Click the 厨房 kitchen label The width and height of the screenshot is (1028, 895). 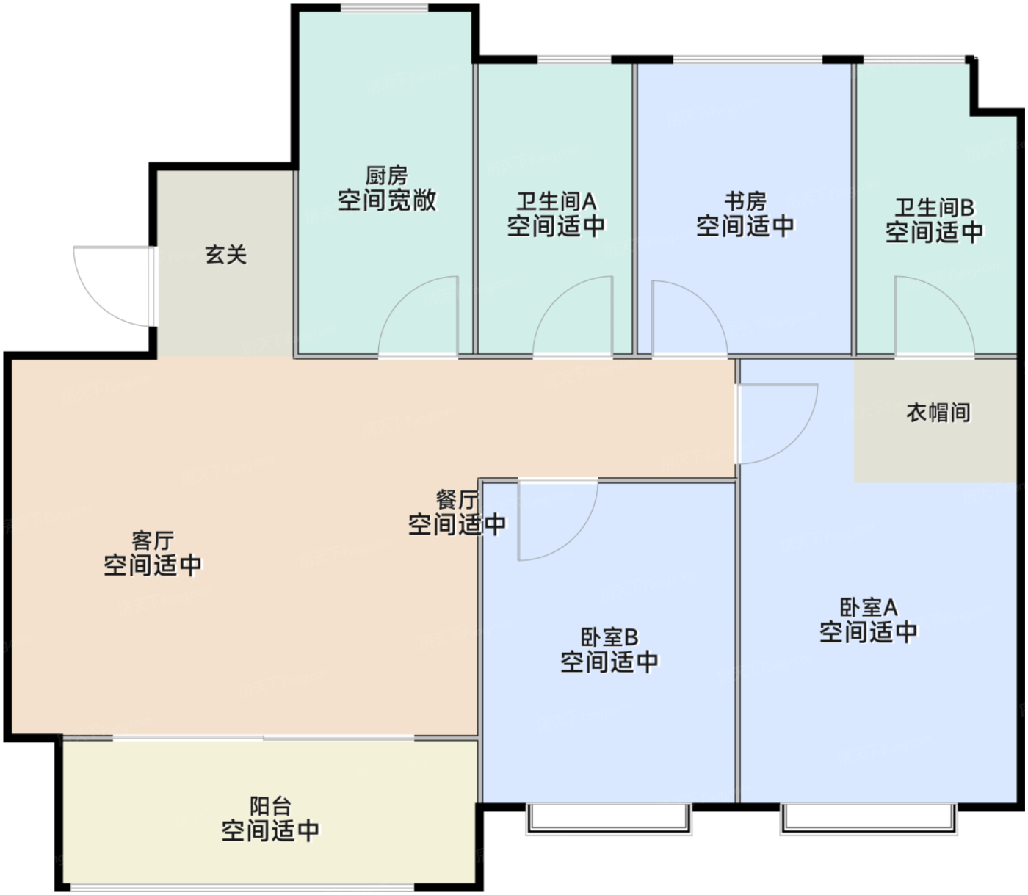click(386, 175)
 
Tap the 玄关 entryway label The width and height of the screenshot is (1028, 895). click(226, 255)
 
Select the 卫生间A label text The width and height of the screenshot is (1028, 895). click(556, 201)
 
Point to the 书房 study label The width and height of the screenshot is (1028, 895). click(745, 201)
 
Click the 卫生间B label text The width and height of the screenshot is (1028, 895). click(935, 208)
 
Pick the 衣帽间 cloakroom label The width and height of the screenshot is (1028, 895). click(938, 413)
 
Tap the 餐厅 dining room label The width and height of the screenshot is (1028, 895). click(457, 500)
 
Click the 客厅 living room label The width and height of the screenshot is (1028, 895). click(153, 541)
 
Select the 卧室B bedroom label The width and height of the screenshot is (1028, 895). click(609, 637)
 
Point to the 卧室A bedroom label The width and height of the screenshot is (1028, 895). click(869, 607)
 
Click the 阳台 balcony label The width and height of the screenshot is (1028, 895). click(271, 807)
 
